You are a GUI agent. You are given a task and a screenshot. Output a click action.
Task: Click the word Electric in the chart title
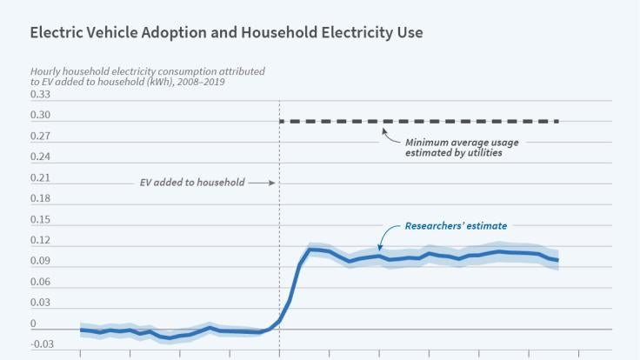55,32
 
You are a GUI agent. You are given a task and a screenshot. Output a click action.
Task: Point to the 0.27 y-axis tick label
41,137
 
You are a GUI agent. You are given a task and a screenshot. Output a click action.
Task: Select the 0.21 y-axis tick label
41,178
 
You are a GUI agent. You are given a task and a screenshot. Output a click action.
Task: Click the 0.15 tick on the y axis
41,220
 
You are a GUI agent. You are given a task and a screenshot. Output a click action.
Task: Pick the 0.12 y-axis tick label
41,241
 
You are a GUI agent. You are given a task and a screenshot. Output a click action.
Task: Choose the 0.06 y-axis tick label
41,283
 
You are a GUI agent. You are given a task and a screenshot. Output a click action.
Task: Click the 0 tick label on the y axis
33,324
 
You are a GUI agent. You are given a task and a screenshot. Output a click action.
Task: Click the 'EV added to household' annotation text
192,183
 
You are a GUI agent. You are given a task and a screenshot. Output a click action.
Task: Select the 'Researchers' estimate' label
456,226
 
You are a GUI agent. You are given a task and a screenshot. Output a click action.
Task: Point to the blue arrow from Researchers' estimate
385,236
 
